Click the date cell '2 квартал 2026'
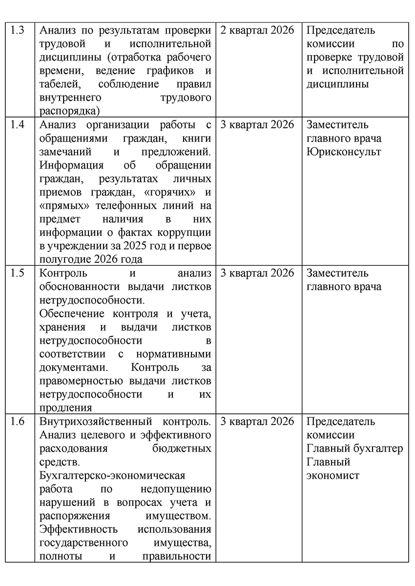257,30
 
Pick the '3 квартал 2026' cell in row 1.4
257,124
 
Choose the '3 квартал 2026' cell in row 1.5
257,273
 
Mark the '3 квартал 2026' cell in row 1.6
257,421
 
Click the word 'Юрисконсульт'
344,152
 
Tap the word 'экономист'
332,475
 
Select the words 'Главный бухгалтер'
355,448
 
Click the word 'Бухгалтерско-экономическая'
112,475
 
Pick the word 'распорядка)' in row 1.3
69,111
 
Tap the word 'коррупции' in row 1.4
183,232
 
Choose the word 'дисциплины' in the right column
337,84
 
